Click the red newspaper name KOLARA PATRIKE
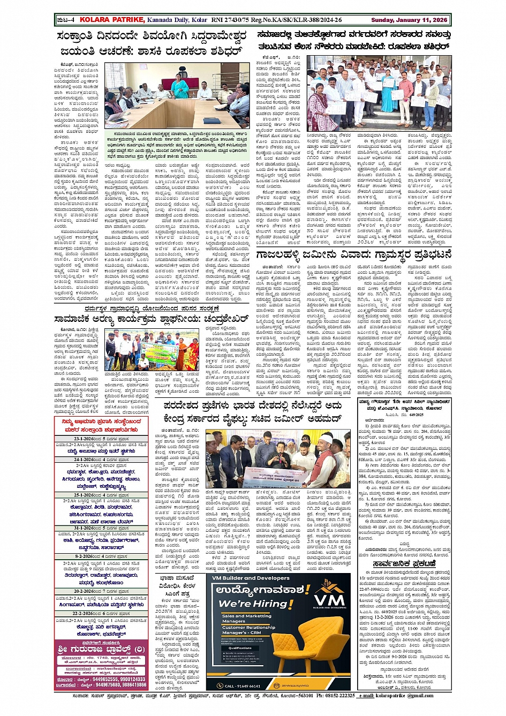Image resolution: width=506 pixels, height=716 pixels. [112, 20]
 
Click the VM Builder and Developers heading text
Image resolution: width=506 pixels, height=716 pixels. [243, 578]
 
